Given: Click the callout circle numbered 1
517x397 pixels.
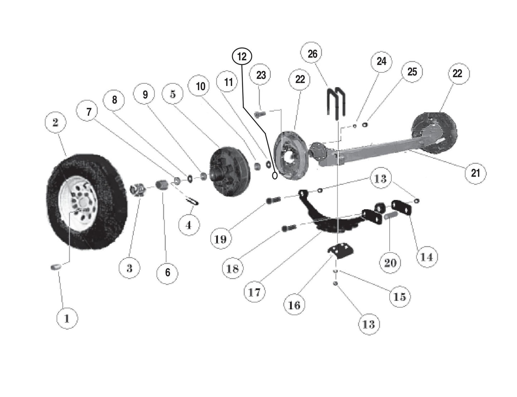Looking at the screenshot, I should coord(67,317).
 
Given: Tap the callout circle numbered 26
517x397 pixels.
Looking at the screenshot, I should coord(312,54).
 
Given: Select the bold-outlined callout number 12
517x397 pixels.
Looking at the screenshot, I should coord(242,56).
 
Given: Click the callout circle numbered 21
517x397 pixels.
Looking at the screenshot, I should coord(475,173).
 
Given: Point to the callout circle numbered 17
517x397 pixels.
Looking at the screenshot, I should coord(254,292).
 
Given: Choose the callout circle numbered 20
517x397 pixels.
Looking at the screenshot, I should coord(390,263).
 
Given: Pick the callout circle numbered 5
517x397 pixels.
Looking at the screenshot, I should coord(173,94).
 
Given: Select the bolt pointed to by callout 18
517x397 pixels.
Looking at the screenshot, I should coord(288,228).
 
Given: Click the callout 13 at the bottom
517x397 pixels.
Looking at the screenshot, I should coord(369,324).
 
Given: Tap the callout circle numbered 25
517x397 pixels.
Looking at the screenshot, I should coord(412,72).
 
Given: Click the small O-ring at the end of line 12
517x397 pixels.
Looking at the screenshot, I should coord(275,176).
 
